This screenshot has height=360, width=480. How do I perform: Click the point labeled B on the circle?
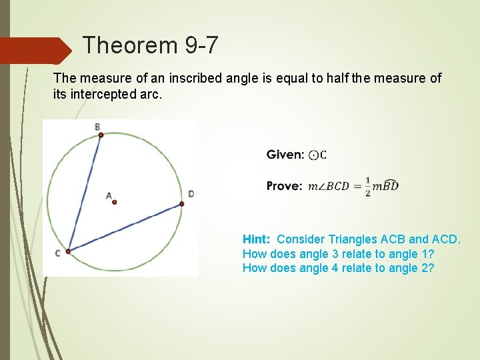tap(101, 135)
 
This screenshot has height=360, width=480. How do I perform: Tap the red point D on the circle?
tap(181, 204)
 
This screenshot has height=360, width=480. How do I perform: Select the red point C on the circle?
tap(68, 251)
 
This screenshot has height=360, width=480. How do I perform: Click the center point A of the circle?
tap(115, 201)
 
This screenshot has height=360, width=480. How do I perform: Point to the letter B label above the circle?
tap(97, 127)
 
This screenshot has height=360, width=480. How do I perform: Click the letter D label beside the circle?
tap(191, 194)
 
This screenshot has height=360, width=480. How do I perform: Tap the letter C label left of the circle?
tap(59, 253)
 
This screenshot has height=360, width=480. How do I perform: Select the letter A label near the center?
tap(108, 195)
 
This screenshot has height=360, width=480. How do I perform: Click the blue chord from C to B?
tap(85, 193)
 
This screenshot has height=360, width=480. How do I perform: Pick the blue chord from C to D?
tap(125, 228)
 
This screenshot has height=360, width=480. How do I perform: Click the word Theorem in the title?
tap(128, 45)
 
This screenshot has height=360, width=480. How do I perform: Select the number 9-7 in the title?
tap(199, 45)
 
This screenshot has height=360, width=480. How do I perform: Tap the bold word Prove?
tap(285, 186)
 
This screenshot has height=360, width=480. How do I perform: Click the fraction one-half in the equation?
tap(367, 187)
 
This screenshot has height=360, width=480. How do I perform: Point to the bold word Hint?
tap(257, 239)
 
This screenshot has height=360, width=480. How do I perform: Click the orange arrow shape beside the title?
tap(37, 51)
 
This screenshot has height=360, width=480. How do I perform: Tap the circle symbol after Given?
tap(313, 155)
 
